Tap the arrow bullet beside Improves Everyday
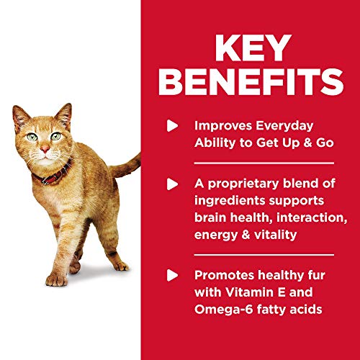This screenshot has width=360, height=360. tap(171, 125)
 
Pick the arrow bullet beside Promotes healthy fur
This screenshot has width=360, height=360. tap(171, 274)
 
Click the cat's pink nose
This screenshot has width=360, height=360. tap(45, 148)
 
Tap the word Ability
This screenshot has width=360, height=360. tap(216, 142)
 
